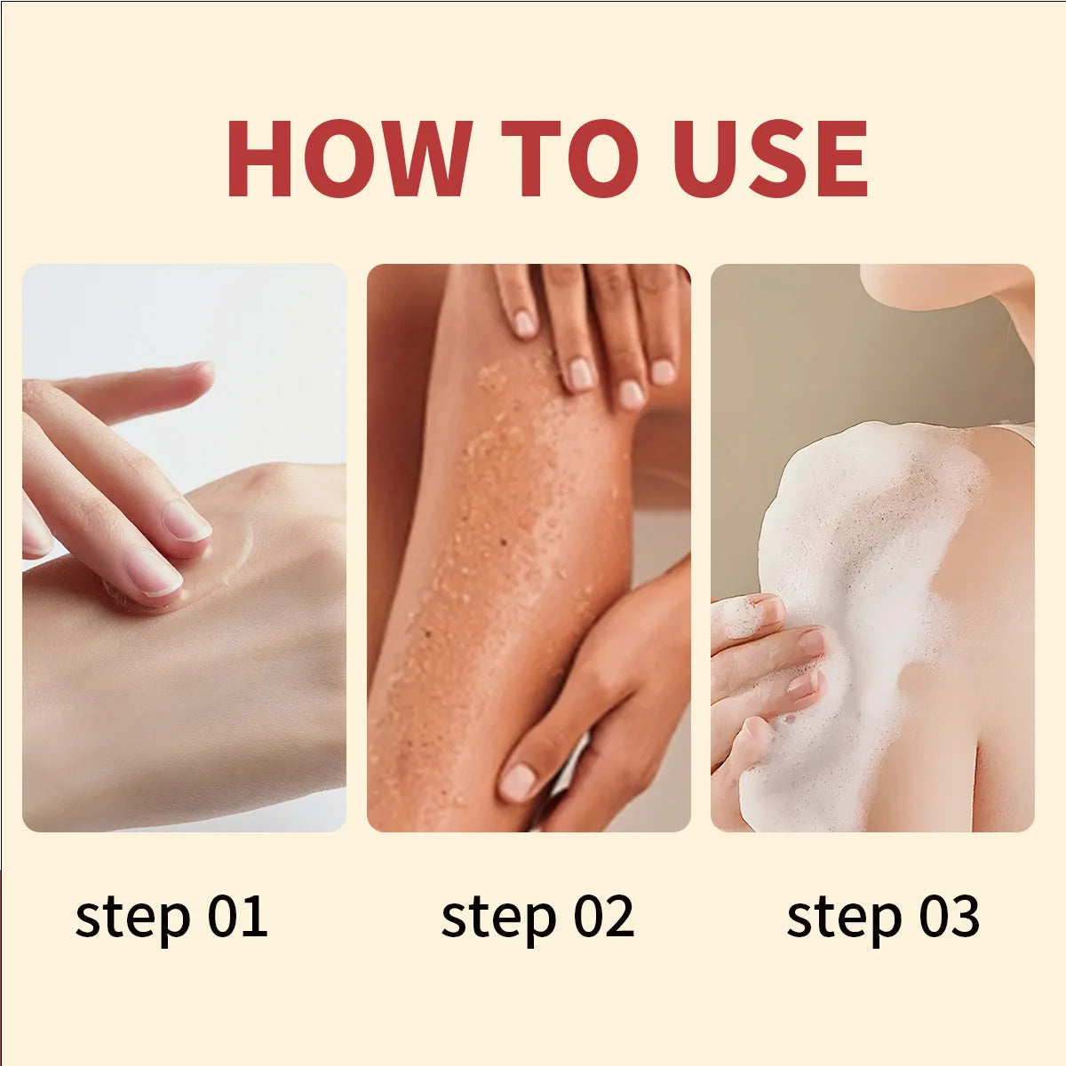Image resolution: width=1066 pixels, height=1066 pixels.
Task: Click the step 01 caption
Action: coord(171,917)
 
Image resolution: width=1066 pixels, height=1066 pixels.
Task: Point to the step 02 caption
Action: coord(537,917)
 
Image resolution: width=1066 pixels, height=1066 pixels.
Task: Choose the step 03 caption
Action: coord(883,917)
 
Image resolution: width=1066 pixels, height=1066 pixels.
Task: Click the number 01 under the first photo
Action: coord(237,917)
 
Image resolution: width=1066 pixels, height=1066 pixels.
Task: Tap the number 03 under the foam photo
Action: coord(949,917)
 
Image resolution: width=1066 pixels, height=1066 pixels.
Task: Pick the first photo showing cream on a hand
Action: coord(184,547)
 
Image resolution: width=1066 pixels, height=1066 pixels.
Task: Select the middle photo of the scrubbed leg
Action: coord(529,547)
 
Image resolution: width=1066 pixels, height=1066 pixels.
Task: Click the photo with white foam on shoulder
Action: coord(872,547)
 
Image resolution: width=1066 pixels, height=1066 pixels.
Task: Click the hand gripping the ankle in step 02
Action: coord(586,711)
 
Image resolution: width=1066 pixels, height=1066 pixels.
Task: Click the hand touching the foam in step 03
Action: coord(764,666)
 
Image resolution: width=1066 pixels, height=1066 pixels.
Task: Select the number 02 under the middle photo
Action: coord(603,917)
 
